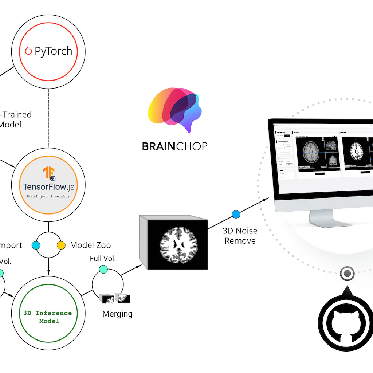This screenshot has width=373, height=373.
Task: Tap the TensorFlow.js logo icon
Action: coord(49,173)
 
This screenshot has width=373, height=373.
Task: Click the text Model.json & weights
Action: coord(48,196)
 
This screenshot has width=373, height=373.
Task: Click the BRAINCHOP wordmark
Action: coord(174,146)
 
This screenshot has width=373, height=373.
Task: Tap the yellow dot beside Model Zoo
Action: coord(61,245)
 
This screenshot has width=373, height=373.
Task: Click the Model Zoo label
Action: coord(90,245)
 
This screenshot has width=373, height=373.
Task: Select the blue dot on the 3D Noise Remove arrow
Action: coord(236,214)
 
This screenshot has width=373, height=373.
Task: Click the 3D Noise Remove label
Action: coord(240,236)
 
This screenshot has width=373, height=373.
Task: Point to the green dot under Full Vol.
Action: coord(103,269)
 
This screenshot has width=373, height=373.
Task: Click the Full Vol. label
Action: coord(103,259)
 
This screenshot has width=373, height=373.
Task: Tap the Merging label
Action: coord(117,314)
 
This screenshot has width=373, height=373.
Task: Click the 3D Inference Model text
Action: coord(48,317)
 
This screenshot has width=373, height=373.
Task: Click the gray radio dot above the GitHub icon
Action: coord(347,273)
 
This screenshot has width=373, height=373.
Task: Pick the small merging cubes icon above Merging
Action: coord(115,298)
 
